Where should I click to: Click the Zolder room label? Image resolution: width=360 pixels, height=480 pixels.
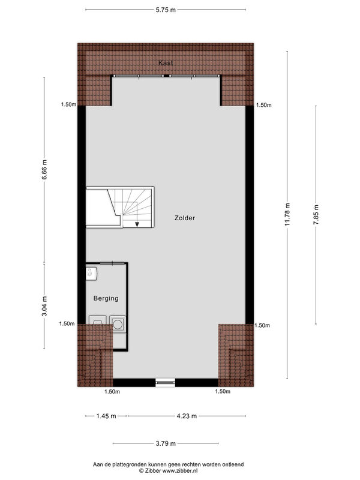point(185,218)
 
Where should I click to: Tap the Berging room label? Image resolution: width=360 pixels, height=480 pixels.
point(106,298)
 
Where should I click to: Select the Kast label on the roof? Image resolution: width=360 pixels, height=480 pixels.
point(166,63)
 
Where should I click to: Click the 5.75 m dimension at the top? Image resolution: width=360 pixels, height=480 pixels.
point(166,10)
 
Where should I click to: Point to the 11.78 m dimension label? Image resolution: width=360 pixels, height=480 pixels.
point(287,215)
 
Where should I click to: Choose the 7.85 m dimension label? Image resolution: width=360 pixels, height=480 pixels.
point(316,215)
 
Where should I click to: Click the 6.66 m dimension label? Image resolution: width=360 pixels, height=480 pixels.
point(44,170)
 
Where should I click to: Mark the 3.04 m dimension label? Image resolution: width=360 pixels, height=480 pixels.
point(44,307)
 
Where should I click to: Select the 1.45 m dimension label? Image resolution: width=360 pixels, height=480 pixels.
point(106,416)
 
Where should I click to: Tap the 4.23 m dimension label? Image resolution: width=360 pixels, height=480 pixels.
point(187,416)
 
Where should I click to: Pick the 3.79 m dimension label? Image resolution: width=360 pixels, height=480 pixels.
point(166,443)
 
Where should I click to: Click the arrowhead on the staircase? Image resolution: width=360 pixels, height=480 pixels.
point(137,224)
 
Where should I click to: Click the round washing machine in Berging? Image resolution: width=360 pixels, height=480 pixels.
point(118,324)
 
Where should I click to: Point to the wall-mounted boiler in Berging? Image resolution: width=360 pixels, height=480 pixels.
point(92,274)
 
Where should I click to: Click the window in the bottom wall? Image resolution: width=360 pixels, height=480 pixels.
point(166,382)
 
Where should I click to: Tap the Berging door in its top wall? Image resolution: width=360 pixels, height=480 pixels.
point(113,263)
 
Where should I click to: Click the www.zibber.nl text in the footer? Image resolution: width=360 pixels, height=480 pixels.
point(180,470)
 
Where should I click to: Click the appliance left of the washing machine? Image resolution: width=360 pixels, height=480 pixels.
point(98,320)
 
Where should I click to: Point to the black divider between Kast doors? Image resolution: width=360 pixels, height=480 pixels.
point(167,76)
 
